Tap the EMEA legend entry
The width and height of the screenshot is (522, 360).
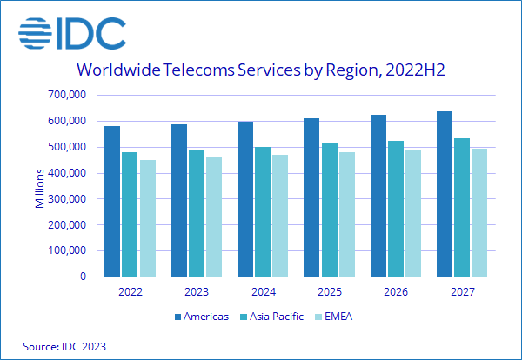pyautogui.click(x=338, y=316)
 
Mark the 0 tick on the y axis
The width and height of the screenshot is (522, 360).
pyautogui.click(x=84, y=277)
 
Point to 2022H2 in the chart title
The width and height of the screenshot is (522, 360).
pyautogui.click(x=412, y=70)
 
